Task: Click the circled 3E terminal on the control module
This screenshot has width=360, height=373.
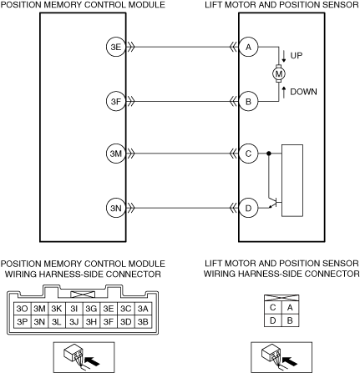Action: (116, 47)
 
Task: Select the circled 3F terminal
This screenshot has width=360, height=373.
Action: (116, 101)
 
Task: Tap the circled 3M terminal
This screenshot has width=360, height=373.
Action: (116, 154)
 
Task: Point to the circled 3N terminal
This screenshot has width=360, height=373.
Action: (116, 208)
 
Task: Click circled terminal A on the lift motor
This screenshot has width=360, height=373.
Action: (248, 47)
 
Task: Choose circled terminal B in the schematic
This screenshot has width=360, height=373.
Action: (248, 101)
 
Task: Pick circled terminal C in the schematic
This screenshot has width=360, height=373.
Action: (248, 154)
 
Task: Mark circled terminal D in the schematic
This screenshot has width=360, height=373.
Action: (248, 208)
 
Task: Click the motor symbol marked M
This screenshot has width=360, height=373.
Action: (279, 73)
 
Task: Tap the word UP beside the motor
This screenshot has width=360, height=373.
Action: (297, 56)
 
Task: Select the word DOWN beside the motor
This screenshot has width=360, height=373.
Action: (303, 92)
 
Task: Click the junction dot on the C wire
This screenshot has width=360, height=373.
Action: (269, 154)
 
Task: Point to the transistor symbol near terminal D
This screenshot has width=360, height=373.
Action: (274, 203)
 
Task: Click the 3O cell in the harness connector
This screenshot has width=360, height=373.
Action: (23, 309)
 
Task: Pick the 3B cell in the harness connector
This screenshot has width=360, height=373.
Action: (143, 321)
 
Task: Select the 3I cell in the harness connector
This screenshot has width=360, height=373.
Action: (74, 309)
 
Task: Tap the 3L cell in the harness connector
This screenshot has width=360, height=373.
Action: (57, 321)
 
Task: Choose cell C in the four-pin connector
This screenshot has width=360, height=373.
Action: (273, 308)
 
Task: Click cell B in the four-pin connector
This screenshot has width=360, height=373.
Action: (290, 320)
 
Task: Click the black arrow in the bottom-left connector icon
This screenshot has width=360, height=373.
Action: (92, 361)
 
